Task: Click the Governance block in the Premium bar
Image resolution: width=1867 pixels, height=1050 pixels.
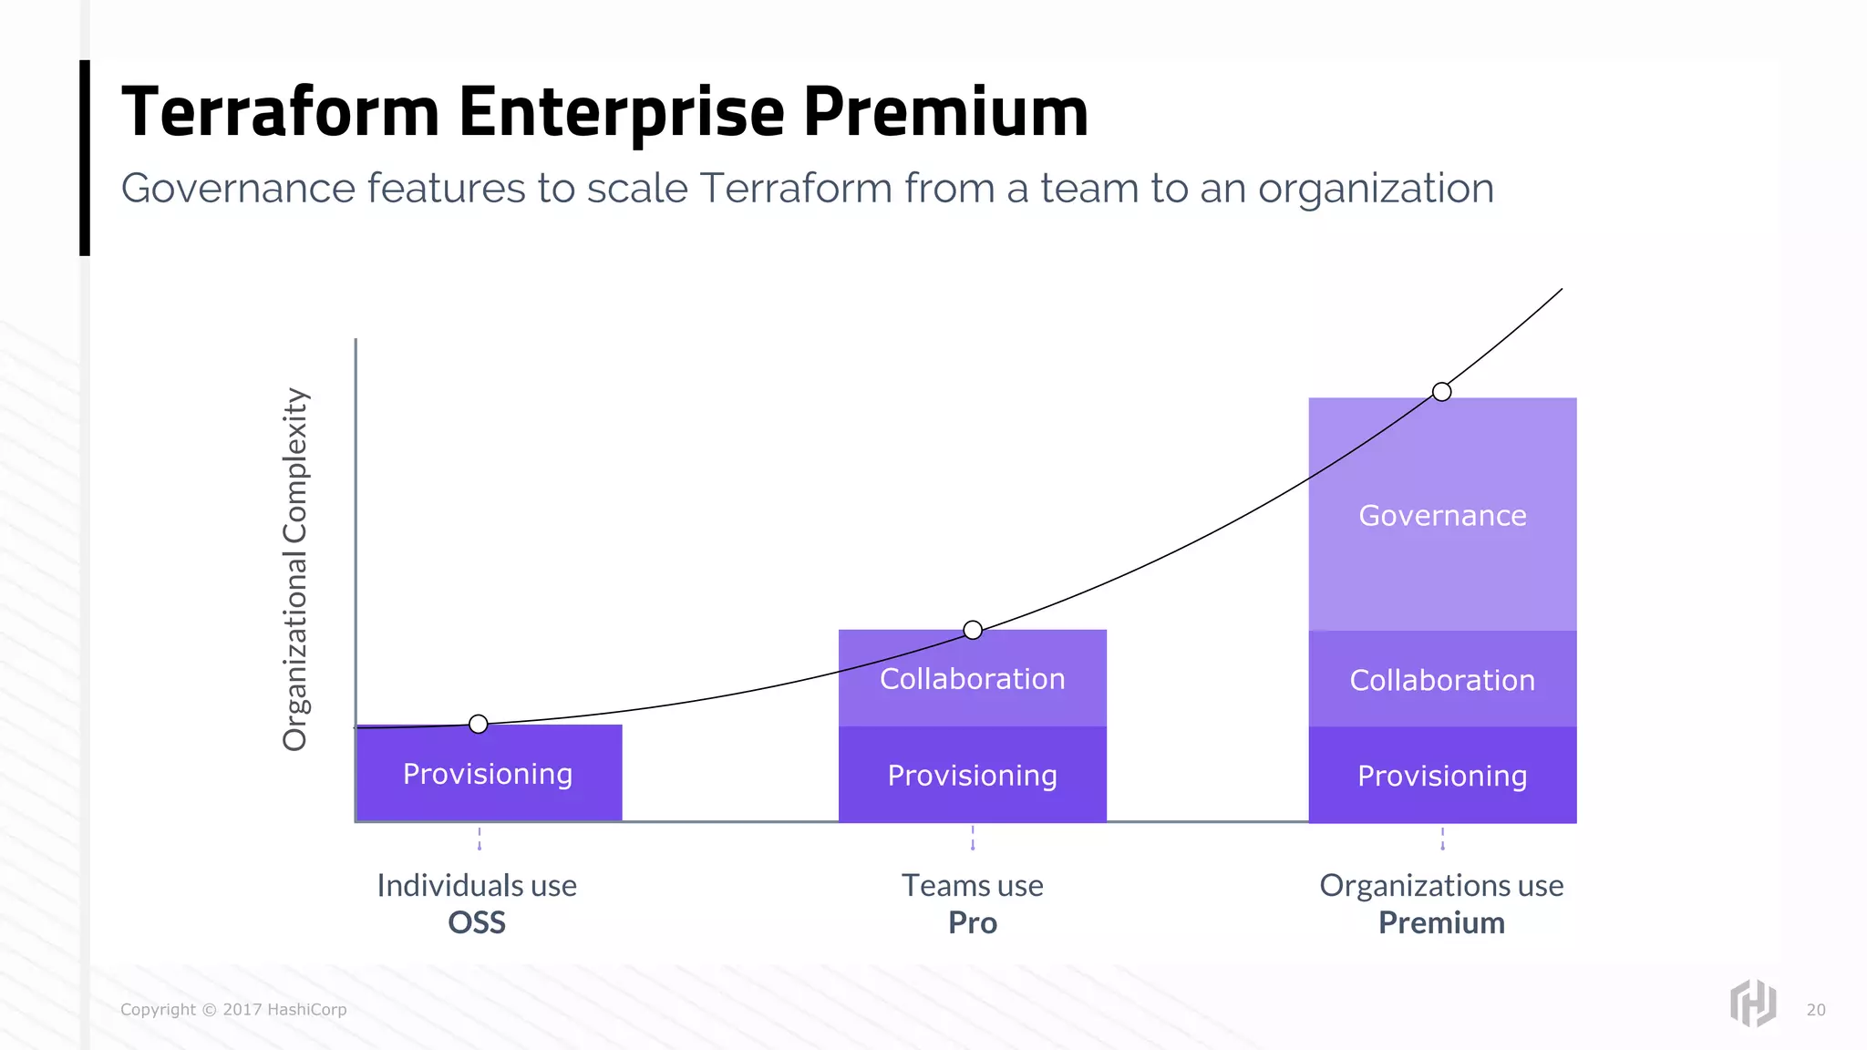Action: coord(1442,515)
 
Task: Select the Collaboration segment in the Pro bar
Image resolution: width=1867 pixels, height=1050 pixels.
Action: coord(972,678)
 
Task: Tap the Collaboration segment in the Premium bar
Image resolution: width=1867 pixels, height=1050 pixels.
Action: coord(1442,680)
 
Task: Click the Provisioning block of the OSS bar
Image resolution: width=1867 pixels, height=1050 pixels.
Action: coord(489,774)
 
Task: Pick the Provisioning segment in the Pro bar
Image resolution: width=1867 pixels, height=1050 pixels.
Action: coord(972,776)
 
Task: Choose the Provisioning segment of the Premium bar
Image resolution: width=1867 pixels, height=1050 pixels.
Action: coord(1442,776)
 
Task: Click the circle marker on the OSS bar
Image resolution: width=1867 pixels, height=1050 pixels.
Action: coord(479,725)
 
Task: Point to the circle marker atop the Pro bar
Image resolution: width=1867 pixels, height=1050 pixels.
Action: coord(973,630)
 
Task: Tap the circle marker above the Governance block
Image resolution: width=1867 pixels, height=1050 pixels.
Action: coord(1441,392)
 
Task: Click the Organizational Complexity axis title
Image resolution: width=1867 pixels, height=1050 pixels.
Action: coord(295,570)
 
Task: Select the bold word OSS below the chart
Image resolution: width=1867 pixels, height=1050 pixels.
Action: coord(476,922)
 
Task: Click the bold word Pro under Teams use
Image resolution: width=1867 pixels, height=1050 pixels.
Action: coord(972,922)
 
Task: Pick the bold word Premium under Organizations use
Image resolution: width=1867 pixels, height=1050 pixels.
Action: coord(1441,922)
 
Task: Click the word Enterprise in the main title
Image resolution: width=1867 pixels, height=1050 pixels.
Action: coord(621,112)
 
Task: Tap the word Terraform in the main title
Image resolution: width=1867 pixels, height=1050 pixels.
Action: coord(281,112)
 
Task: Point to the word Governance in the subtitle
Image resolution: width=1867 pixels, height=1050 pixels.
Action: coord(238,189)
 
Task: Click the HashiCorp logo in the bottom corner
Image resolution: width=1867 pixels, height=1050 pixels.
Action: coord(1752,1003)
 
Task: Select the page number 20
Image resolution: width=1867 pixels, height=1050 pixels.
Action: coord(1816,1010)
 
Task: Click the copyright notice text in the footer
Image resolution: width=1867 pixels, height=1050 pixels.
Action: coord(233,1010)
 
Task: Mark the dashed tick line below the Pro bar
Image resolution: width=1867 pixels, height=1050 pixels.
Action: coord(973,838)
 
